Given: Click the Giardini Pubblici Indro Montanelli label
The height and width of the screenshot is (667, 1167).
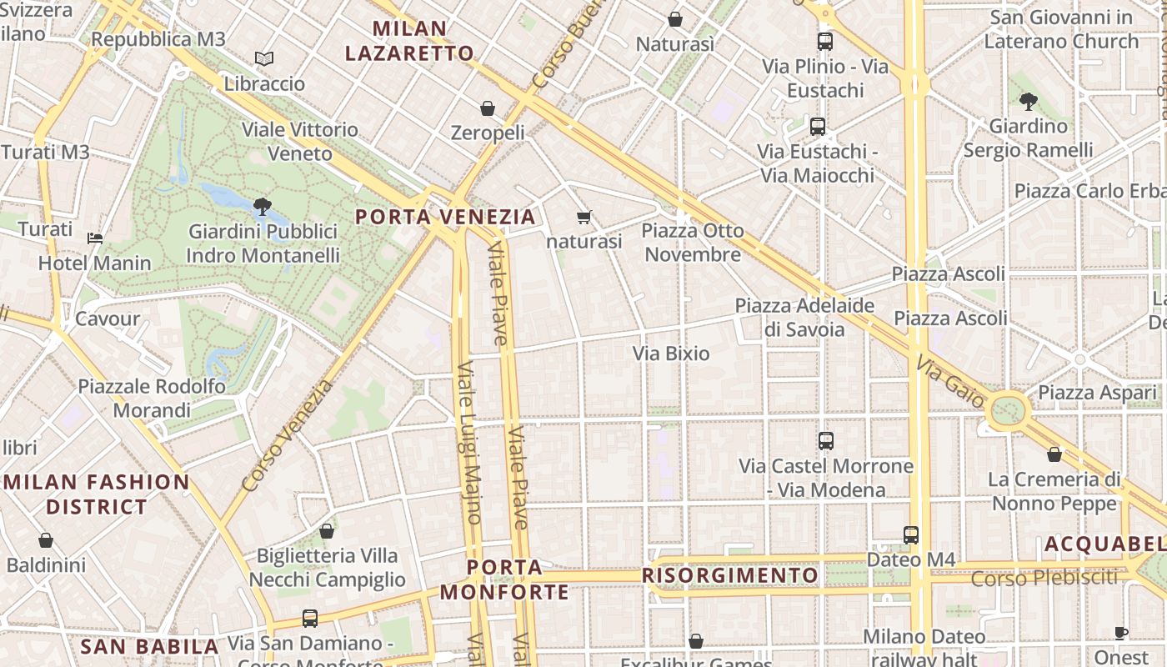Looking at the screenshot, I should [x=263, y=243].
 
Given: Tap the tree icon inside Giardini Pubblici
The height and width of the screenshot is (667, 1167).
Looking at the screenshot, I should [x=263, y=205].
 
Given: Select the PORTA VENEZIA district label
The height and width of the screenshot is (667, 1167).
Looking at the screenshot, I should [x=445, y=217].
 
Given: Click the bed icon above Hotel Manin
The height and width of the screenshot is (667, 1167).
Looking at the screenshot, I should [x=95, y=238].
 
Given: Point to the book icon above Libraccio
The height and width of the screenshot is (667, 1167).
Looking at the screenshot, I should [x=264, y=59].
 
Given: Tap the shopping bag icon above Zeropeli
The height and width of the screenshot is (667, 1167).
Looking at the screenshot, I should [x=488, y=108].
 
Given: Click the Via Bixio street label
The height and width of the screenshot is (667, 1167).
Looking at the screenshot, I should [x=671, y=354].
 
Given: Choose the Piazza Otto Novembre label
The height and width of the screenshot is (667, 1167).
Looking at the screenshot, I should [x=693, y=243].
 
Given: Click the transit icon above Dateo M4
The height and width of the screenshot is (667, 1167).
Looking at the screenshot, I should [x=911, y=534].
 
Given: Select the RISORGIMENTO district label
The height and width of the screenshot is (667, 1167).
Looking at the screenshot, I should [x=730, y=576].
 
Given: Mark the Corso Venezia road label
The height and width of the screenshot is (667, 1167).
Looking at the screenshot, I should [x=287, y=436].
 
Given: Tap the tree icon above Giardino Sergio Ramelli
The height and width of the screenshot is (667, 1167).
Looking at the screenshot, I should [x=1028, y=102].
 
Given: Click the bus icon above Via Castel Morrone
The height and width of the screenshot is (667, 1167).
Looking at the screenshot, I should [x=826, y=441].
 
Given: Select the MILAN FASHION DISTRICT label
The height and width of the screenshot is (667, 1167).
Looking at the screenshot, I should [x=98, y=494].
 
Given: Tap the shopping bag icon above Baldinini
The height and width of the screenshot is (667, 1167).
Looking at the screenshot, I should [x=46, y=540].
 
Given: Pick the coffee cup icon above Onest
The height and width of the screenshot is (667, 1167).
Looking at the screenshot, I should [x=1121, y=633].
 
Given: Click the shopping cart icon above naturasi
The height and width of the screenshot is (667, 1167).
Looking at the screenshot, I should [x=584, y=217].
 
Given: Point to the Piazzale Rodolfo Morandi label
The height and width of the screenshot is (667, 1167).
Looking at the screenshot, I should [x=152, y=399].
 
